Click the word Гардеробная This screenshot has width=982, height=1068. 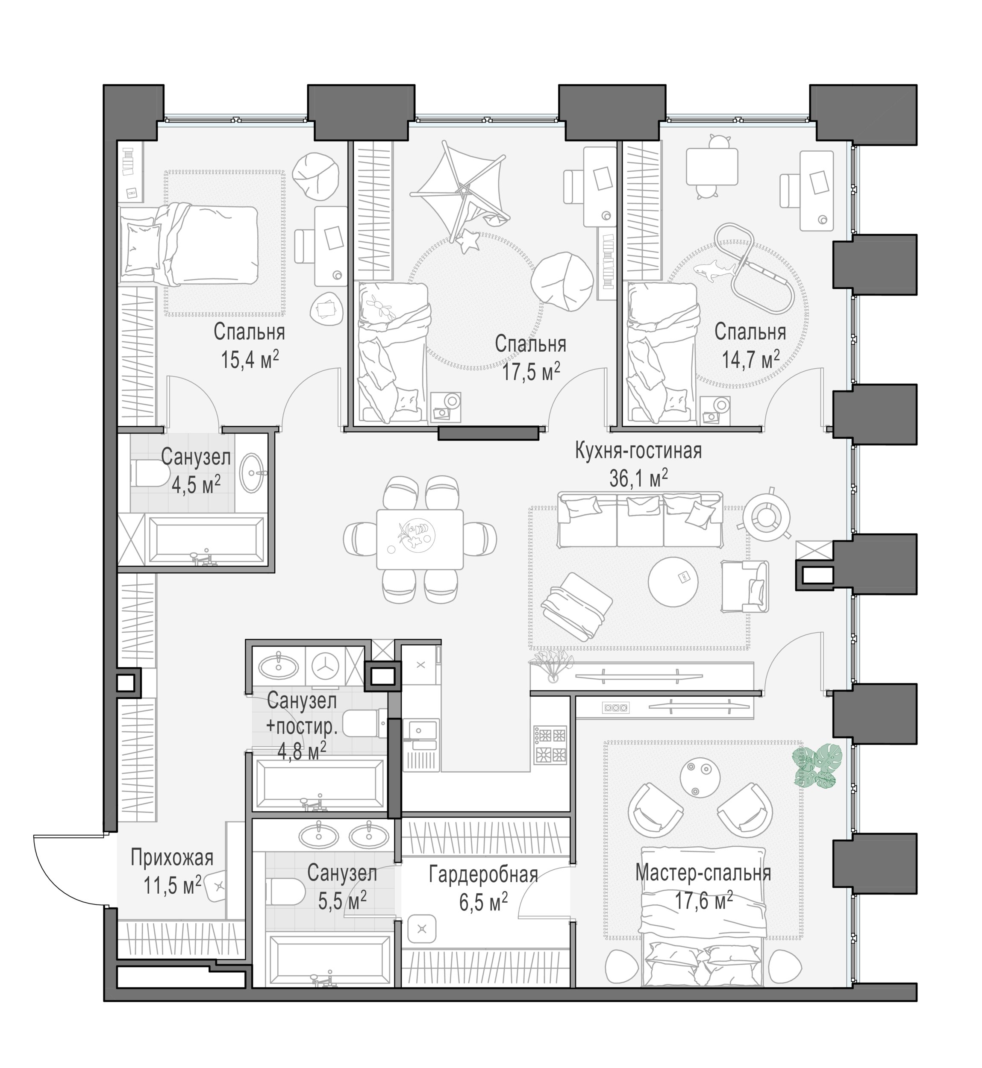pyautogui.click(x=484, y=874)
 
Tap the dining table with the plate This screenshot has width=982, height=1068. pyautogui.click(x=420, y=539)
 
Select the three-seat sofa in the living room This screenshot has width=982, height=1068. pyautogui.click(x=640, y=519)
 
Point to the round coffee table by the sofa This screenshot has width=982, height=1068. pyautogui.click(x=673, y=581)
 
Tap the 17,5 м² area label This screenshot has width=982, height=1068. pyautogui.click(x=532, y=371)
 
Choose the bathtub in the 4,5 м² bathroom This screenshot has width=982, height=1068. pyautogui.click(x=206, y=540)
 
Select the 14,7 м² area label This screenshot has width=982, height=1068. pyautogui.click(x=750, y=359)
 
